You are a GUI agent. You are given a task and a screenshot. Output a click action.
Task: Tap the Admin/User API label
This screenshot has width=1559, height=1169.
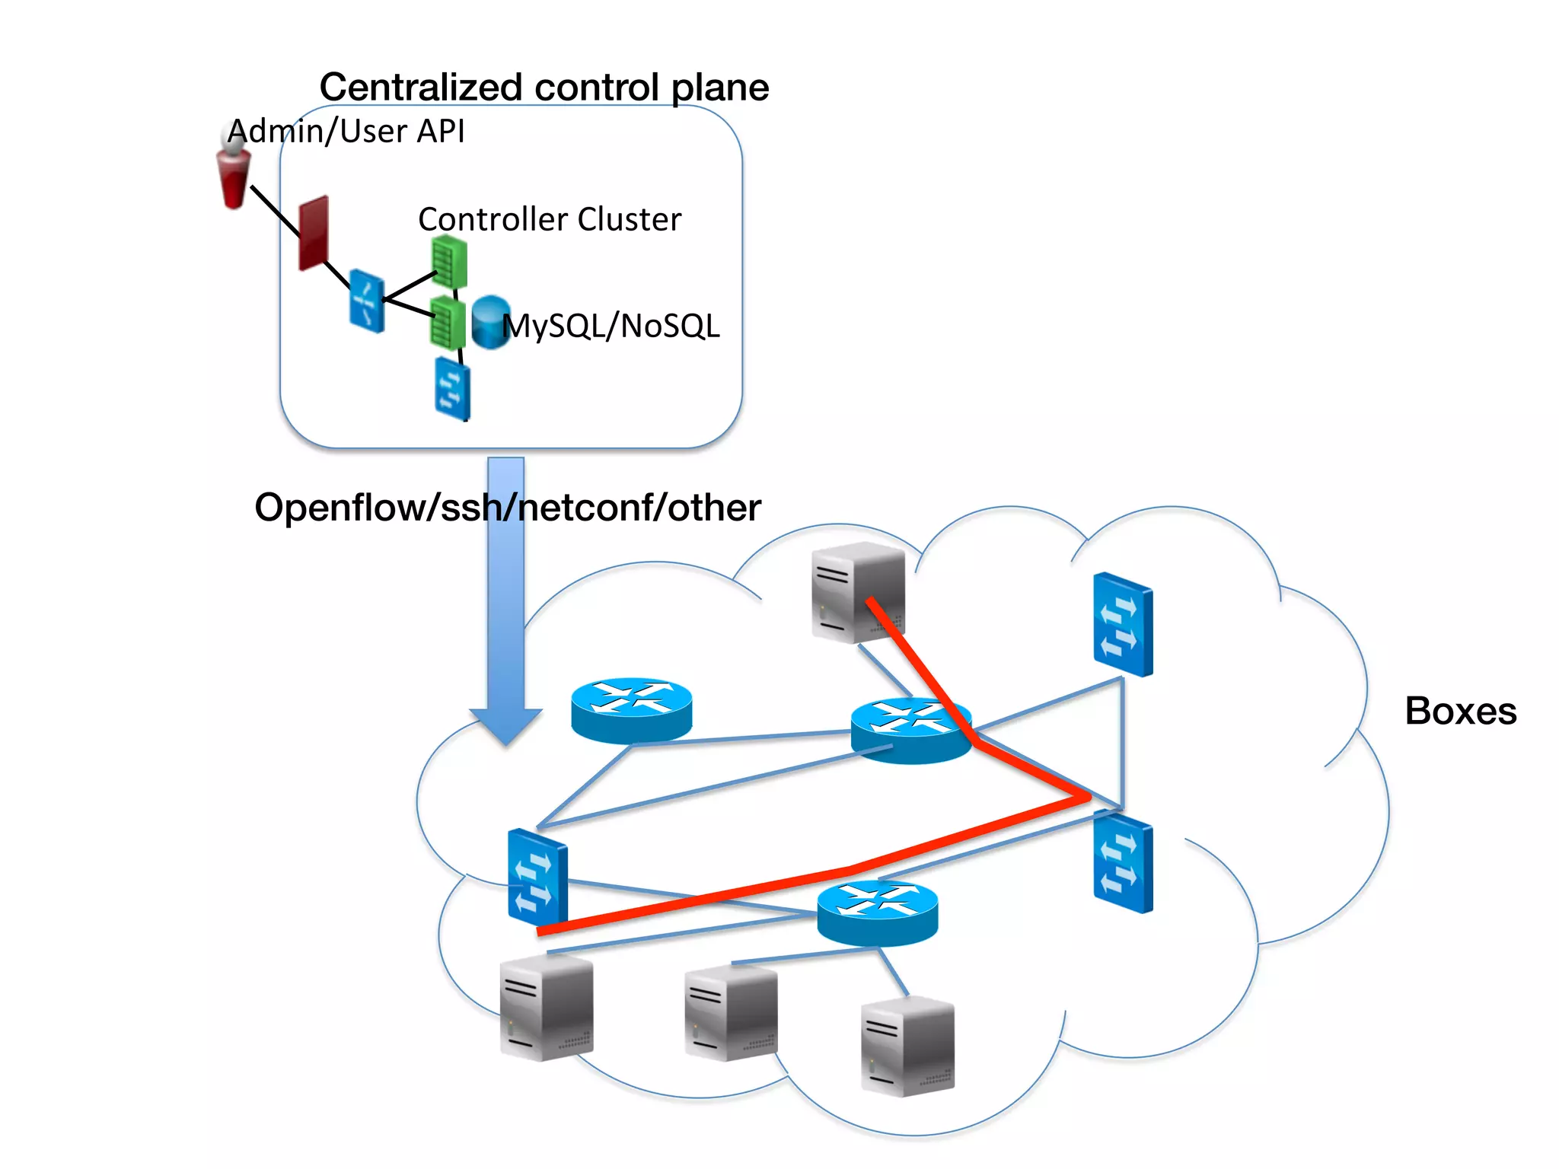point(346,131)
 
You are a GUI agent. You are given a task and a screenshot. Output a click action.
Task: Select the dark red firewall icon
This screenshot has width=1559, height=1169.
point(314,232)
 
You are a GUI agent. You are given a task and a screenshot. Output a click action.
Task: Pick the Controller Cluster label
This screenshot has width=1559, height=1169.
point(550,219)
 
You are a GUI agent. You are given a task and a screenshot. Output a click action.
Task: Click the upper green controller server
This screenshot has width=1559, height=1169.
point(448,261)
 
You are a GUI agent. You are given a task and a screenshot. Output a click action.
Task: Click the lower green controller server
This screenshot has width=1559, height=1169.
point(448,323)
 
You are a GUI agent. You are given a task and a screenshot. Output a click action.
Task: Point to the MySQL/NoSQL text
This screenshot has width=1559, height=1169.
point(611,326)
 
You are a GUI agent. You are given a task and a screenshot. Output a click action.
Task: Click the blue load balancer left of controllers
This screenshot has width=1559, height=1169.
point(366,301)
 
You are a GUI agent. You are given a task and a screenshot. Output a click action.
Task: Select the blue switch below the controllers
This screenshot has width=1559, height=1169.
point(452,388)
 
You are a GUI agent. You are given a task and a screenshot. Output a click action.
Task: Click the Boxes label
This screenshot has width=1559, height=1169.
point(1460,711)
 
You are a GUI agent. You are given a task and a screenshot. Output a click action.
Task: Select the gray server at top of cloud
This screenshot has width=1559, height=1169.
point(858,592)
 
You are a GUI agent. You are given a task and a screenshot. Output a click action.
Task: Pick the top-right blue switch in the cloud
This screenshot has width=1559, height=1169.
point(1123,625)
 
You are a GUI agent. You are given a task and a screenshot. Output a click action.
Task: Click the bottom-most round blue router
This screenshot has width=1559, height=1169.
point(877,913)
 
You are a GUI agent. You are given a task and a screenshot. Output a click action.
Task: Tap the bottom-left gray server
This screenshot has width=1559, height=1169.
point(546,1008)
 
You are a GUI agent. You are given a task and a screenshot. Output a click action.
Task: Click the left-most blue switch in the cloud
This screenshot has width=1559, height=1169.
point(537,877)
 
